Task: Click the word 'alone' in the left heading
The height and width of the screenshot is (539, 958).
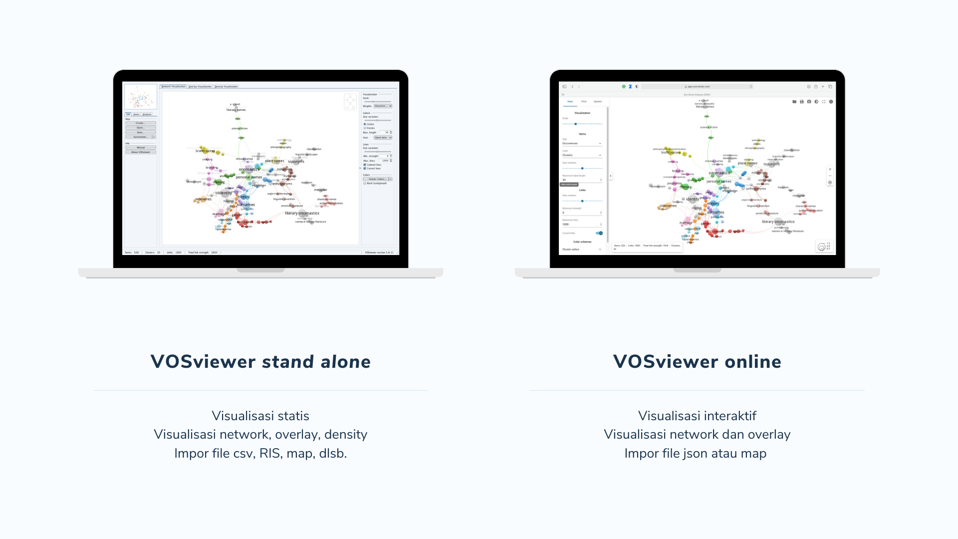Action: click(345, 362)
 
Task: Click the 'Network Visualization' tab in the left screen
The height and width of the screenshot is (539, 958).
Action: click(173, 86)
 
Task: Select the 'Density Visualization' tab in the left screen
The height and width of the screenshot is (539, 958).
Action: click(226, 86)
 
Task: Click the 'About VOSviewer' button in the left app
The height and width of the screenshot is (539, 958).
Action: click(141, 152)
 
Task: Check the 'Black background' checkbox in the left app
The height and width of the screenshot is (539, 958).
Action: click(365, 183)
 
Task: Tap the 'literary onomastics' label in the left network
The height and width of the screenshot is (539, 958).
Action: click(302, 213)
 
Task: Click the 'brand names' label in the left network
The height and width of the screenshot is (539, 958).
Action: click(205, 151)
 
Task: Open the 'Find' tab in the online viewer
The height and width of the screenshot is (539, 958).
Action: click(584, 101)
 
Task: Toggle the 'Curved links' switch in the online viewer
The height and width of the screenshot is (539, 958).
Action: click(599, 233)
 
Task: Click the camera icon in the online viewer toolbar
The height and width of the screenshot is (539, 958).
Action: click(809, 101)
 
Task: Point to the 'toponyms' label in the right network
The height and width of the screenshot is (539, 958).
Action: click(771, 164)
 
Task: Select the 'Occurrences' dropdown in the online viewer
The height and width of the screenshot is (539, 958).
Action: click(582, 143)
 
